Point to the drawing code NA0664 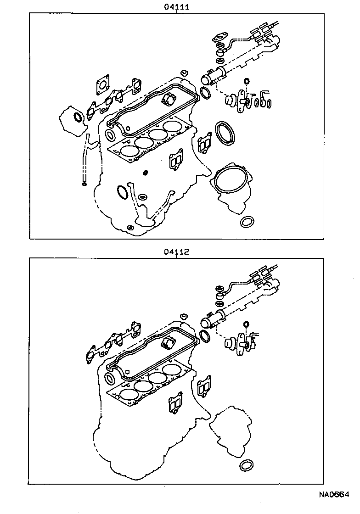click(334, 495)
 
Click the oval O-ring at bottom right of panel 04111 click(247, 222)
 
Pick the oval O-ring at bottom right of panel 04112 click(247, 465)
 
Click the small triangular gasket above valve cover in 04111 click(184, 73)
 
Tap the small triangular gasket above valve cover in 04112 click(184, 316)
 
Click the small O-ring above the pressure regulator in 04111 click(246, 82)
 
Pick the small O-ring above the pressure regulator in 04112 click(246, 325)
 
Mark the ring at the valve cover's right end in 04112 click(205, 336)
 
